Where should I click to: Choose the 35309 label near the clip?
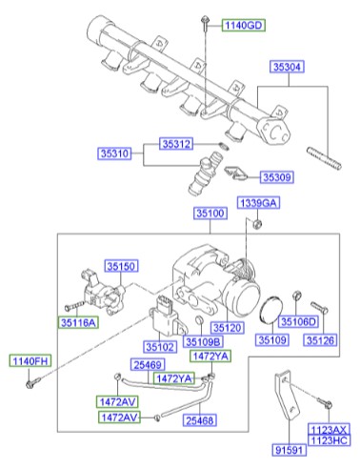[277, 176]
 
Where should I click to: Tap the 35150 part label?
[121, 266]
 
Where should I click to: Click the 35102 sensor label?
[161, 347]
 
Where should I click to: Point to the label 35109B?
[202, 340]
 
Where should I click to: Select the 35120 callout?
[230, 326]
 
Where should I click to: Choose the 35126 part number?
[322, 340]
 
